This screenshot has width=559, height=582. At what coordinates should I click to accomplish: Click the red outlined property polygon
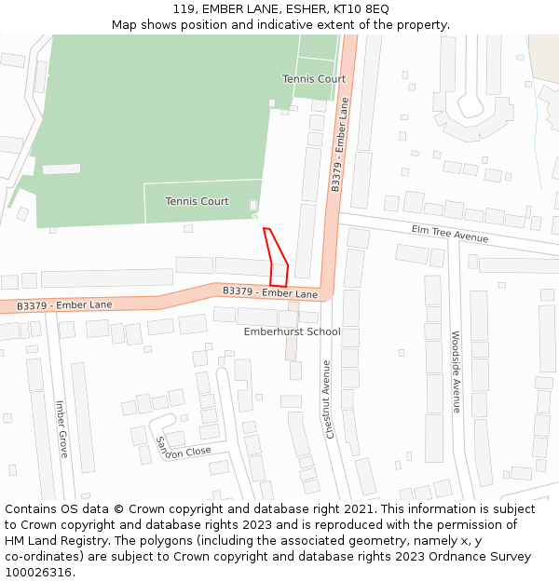[x=278, y=262]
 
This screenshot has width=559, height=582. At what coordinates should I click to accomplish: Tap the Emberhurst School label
[x=292, y=332]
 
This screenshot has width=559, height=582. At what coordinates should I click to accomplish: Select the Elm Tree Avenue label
[x=450, y=233]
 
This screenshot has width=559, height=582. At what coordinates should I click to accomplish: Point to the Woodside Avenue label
[x=456, y=372]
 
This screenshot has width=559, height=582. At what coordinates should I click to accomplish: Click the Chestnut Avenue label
[x=327, y=399]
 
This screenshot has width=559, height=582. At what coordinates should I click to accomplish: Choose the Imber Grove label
[x=61, y=428]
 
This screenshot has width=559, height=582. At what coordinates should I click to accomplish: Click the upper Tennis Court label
[x=314, y=79]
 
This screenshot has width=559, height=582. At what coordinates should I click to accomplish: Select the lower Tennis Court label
[x=197, y=201]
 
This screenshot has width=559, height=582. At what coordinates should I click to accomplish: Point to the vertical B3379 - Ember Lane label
[x=339, y=144]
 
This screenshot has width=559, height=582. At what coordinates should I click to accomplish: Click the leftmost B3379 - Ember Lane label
[x=64, y=305]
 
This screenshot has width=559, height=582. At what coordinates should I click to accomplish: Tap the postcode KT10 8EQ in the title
[x=364, y=9]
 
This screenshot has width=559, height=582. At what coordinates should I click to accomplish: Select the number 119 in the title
[x=184, y=9]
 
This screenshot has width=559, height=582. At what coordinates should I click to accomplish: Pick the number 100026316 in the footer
[x=39, y=572]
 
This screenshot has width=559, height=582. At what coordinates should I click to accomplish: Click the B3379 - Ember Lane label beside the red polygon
[x=270, y=292]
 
